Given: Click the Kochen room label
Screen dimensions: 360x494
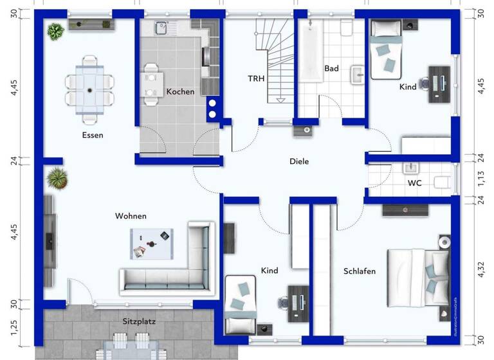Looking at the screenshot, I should pos(180,92).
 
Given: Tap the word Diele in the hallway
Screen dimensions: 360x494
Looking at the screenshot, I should pos(299,162).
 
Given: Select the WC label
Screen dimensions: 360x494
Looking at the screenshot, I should pos(415,183).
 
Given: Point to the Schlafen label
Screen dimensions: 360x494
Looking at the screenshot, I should pos(359,271).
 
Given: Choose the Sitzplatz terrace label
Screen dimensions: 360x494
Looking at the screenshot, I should pos(139,319).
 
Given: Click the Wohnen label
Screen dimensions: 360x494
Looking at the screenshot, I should pos(131,216).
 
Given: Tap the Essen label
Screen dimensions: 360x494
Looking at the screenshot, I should pos(93,135).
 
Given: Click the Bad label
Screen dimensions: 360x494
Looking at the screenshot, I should pos(331,68).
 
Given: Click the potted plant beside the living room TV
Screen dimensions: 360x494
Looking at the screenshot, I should pos(57,177).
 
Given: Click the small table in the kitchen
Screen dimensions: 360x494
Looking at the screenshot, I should pos(152,83).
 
